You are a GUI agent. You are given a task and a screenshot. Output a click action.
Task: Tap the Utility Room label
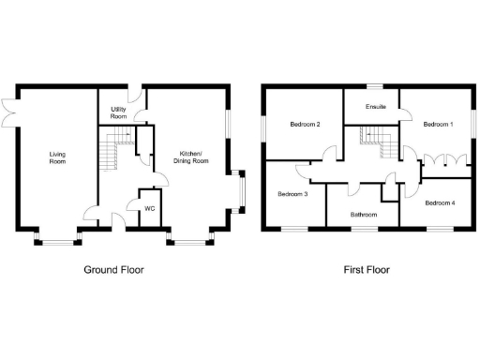119,113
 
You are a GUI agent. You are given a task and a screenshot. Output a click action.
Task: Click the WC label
148,208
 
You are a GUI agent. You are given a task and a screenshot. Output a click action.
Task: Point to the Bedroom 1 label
437,124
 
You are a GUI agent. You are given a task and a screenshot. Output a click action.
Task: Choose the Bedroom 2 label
306,125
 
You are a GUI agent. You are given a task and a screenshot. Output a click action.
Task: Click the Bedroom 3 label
292,194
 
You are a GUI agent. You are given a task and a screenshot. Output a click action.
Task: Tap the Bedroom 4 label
439,202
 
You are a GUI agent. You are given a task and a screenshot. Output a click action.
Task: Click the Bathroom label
363,215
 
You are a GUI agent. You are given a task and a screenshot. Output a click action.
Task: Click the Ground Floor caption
114,270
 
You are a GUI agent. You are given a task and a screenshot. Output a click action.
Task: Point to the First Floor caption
366,270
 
